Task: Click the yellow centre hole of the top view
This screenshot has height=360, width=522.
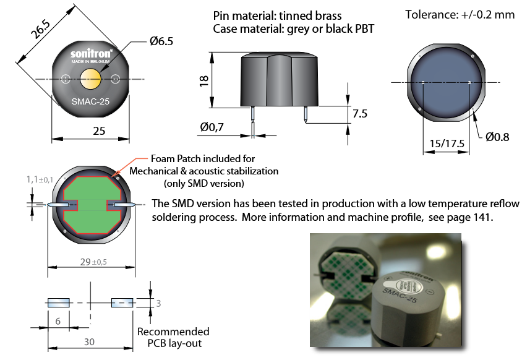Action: click(x=90, y=79)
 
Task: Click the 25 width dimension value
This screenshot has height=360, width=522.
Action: click(x=90, y=131)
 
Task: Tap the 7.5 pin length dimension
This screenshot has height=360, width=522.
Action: click(x=359, y=114)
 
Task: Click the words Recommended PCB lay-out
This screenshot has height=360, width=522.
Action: click(x=173, y=338)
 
